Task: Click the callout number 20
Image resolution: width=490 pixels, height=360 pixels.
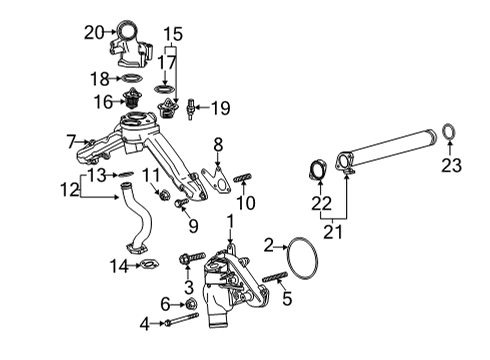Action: [93, 32]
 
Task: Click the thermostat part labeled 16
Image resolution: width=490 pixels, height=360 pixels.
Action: [127, 100]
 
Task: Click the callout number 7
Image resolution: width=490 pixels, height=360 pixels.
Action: [71, 140]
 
